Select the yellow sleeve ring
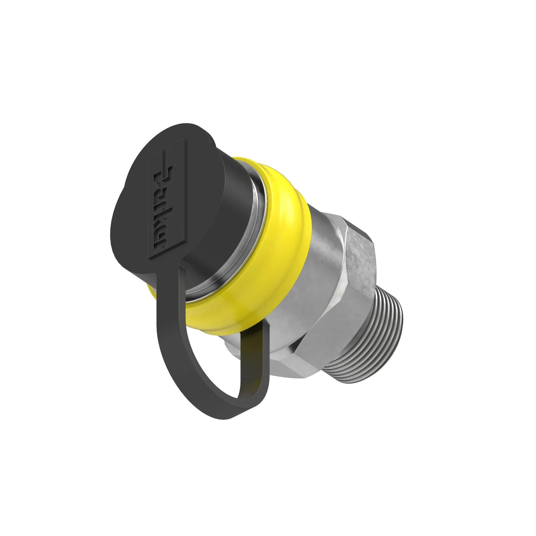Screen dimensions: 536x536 tap(250, 250)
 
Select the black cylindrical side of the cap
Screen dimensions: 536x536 tap(222, 214)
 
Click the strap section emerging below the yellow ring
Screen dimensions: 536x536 tap(255, 349)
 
